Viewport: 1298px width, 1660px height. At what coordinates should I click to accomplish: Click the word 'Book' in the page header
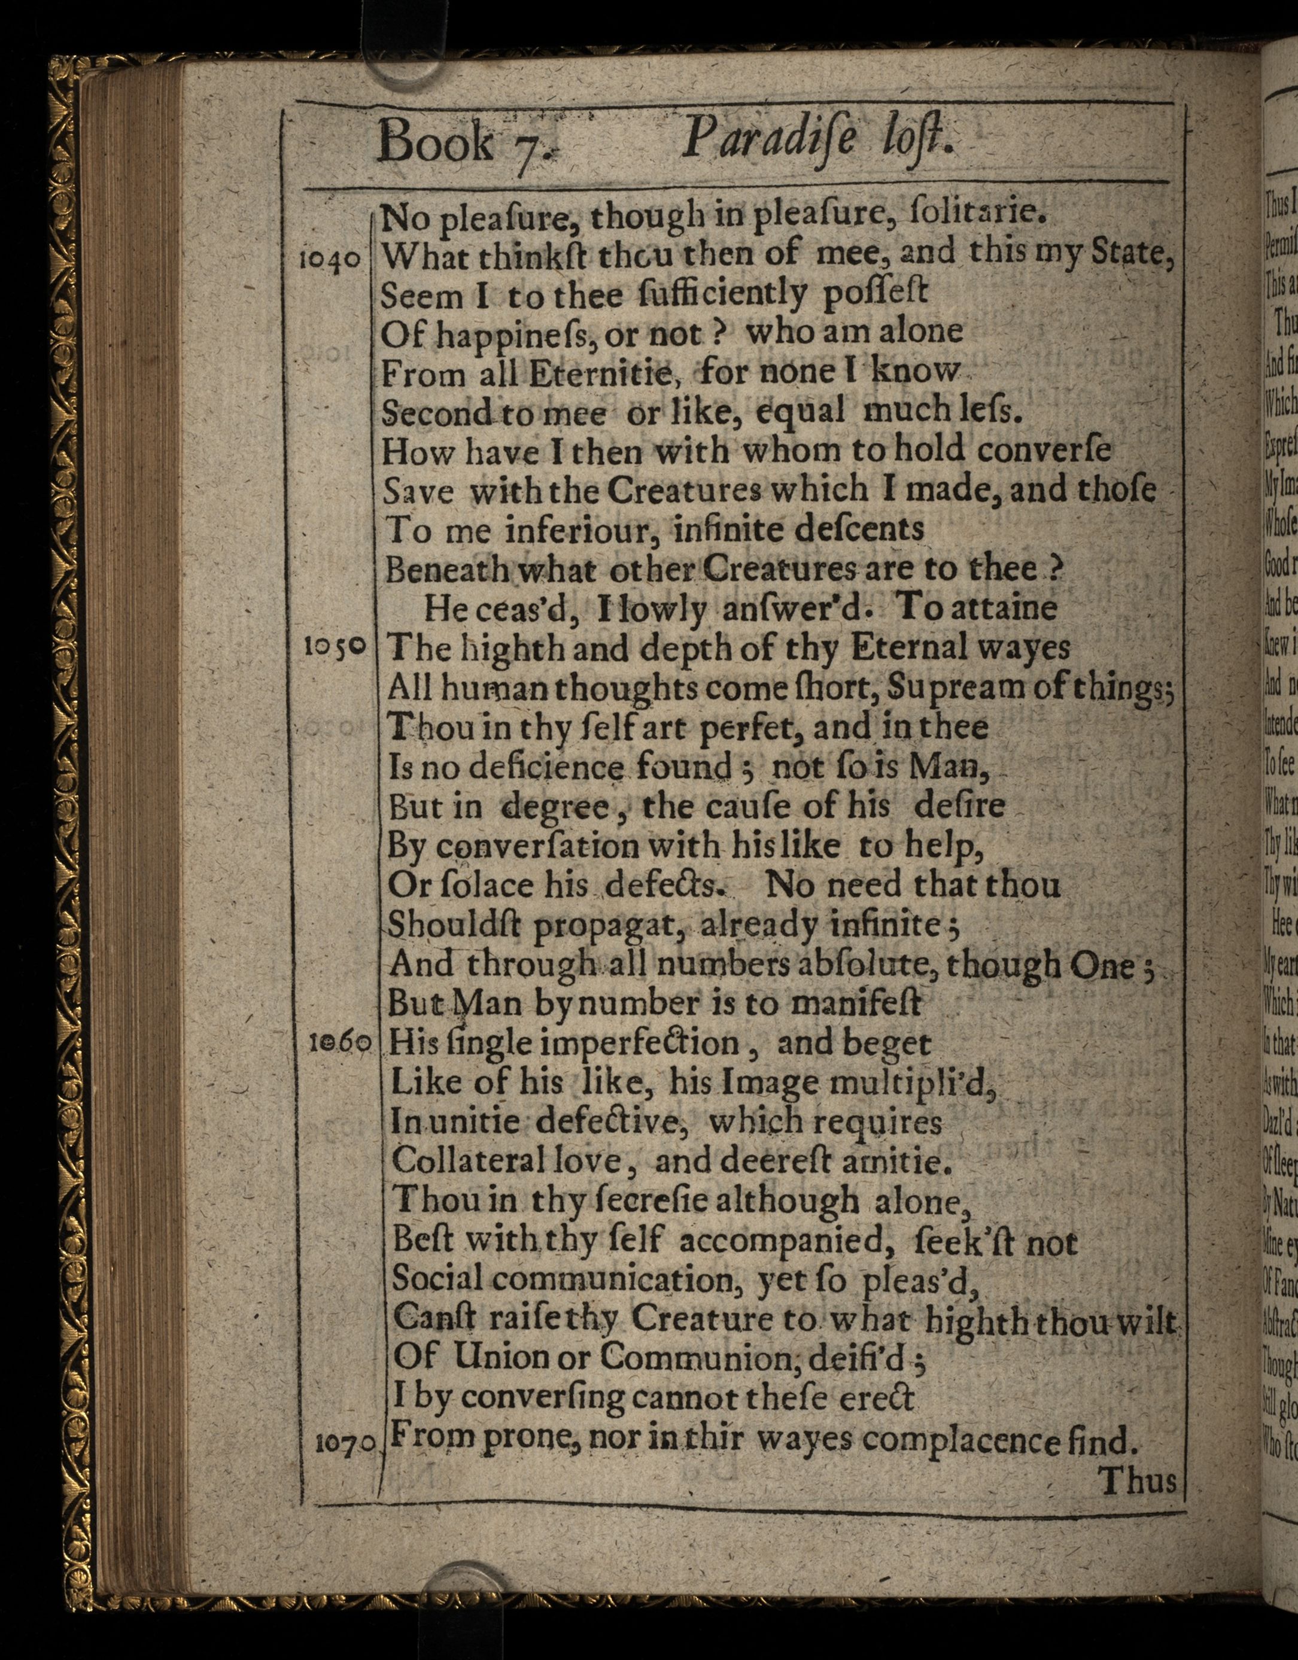(x=434, y=142)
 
